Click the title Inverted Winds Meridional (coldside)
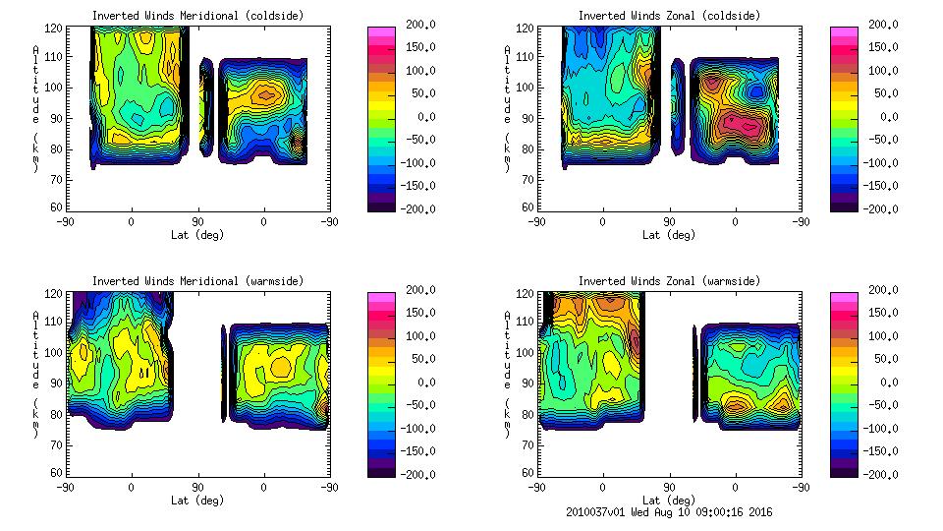coord(197,16)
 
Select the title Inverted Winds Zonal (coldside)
coord(669,16)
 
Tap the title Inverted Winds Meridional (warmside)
coord(197,281)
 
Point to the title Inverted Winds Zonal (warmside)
coord(669,281)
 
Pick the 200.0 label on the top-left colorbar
coord(417,25)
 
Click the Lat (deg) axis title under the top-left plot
coord(196,235)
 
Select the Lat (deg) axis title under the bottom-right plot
coord(668,500)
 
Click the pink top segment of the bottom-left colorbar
coord(381,297)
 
